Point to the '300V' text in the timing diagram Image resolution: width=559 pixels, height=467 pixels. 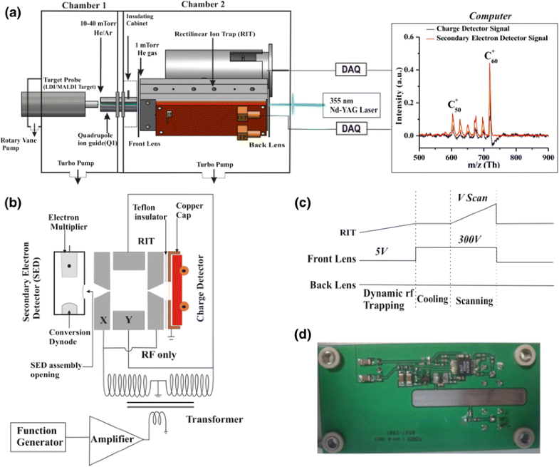[x=471, y=241]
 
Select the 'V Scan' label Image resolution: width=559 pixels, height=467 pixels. [x=471, y=197]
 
